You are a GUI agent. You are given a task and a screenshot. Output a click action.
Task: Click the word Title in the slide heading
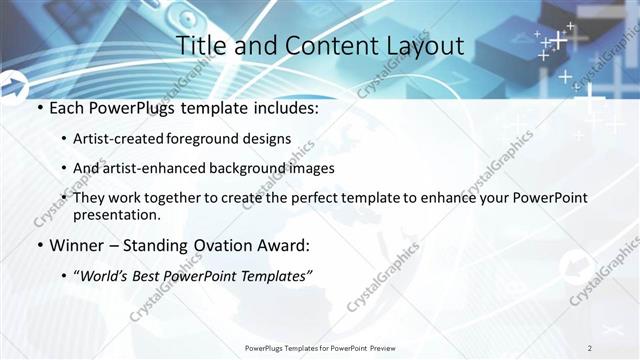pyautogui.click(x=201, y=45)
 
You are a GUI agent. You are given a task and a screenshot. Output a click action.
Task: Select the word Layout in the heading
pyautogui.click(x=420, y=45)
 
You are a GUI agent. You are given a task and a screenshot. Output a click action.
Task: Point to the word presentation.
pyautogui.click(x=117, y=214)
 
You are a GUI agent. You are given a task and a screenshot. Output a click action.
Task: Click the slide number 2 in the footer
pyautogui.click(x=590, y=347)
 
